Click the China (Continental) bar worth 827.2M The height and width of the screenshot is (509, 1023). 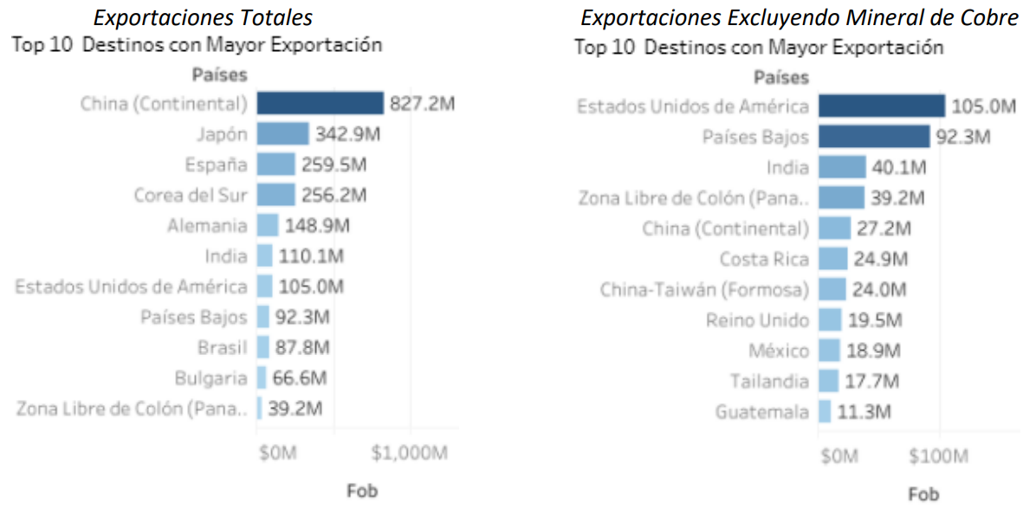click(x=320, y=104)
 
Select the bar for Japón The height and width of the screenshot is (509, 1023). click(x=282, y=134)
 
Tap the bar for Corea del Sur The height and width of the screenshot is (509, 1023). click(x=275, y=195)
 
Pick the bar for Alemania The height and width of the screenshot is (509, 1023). click(x=268, y=226)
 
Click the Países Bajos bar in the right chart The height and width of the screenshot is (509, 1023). click(x=874, y=137)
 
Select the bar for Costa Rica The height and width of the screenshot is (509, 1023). click(x=832, y=259)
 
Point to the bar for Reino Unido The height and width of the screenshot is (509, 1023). click(x=830, y=320)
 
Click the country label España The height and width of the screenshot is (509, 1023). click(x=216, y=164)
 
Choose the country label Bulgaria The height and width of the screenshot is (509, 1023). click(x=210, y=378)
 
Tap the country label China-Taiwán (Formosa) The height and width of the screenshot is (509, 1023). click(x=704, y=289)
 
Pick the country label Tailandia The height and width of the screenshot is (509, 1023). click(x=769, y=382)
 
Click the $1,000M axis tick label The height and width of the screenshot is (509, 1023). click(x=410, y=453)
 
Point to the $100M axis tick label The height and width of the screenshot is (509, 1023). click(x=940, y=456)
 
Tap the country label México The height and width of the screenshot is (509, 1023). click(x=779, y=351)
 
